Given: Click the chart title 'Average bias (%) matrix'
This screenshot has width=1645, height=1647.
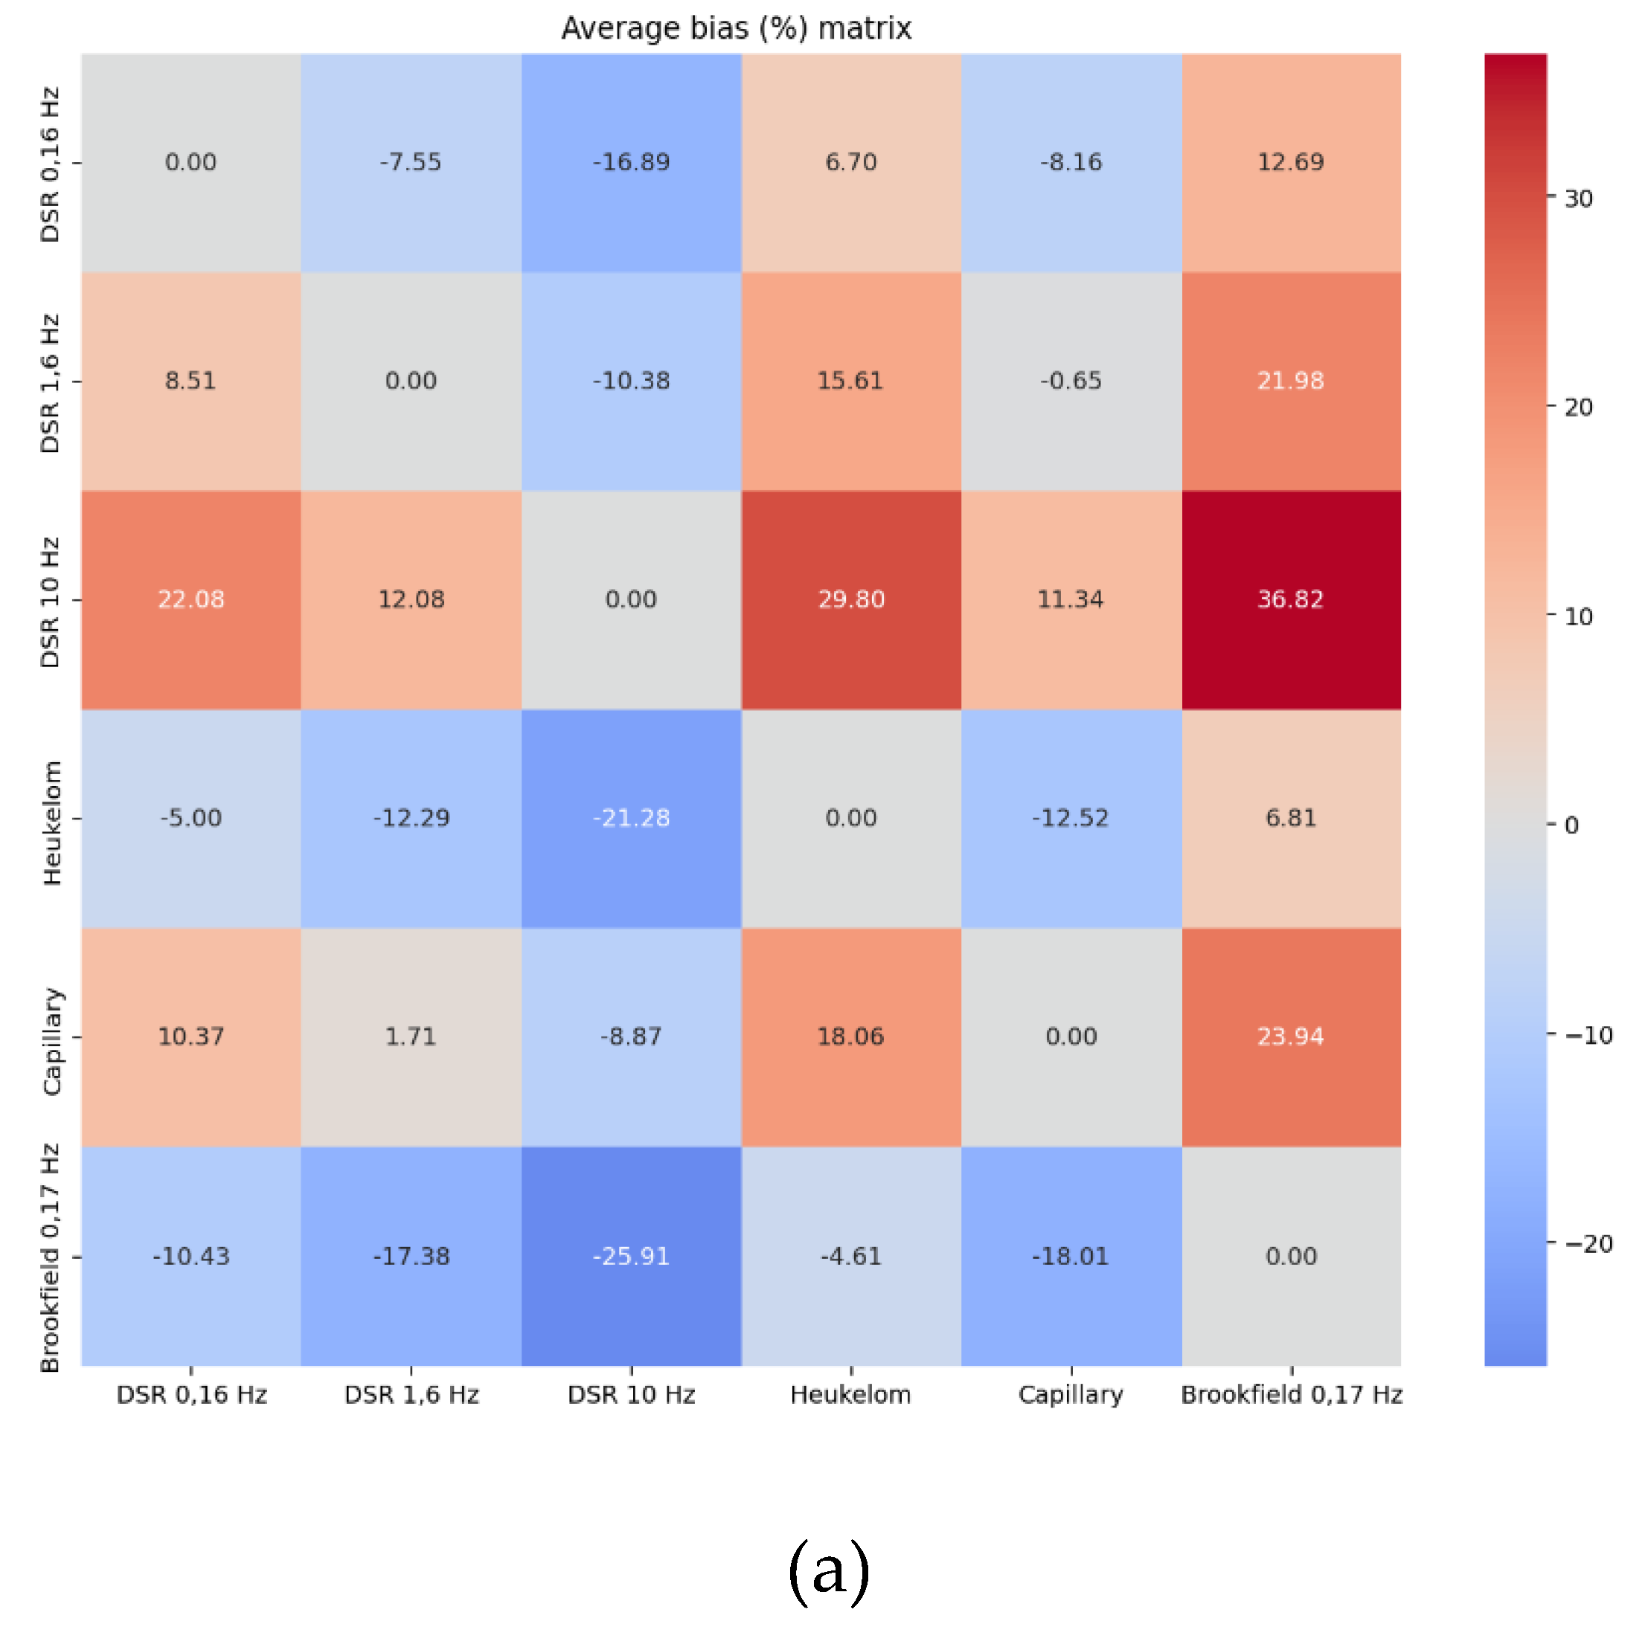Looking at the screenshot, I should (736, 28).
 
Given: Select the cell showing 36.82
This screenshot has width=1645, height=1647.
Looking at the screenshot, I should (1290, 599).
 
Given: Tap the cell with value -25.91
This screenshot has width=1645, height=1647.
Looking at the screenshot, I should (631, 1256).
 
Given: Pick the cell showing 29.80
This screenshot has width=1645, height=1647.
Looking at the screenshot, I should (851, 599).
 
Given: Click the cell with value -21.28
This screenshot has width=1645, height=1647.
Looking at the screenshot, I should (631, 819).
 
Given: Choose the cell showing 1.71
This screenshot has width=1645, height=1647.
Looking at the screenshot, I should (411, 1037).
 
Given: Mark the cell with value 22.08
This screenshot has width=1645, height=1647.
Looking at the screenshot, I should (191, 599).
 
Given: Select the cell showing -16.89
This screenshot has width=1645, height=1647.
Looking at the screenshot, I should (631, 162).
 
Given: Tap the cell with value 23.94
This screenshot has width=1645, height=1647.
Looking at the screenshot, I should (1290, 1037).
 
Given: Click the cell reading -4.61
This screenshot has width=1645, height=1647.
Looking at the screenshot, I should (851, 1256).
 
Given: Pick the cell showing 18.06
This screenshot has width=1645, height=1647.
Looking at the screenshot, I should (851, 1037).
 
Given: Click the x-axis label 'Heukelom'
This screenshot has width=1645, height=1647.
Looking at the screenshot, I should (851, 1395).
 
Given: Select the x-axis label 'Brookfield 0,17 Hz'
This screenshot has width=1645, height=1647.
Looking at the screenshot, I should (1291, 1395).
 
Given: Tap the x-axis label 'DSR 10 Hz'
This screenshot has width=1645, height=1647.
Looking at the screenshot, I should (631, 1395).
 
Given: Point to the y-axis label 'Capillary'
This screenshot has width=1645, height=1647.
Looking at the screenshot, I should (52, 1041).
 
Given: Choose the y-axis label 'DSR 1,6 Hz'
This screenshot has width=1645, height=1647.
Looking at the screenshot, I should (51, 383).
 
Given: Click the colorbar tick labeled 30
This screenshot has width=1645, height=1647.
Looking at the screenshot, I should (1577, 199).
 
